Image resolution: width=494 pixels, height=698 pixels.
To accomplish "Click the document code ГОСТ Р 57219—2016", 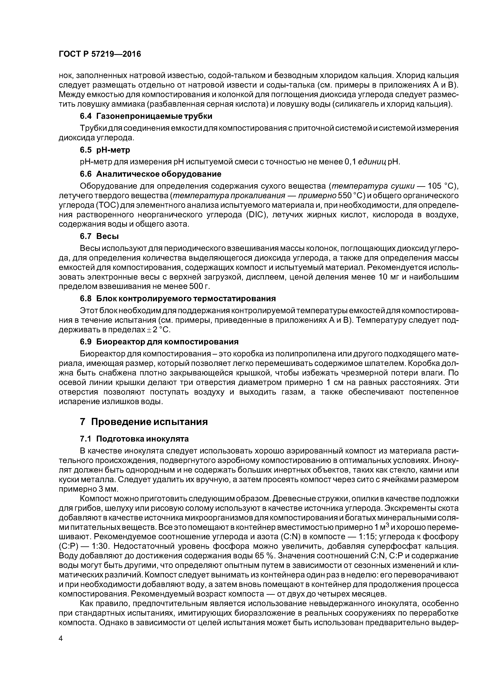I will (x=100, y=54).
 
